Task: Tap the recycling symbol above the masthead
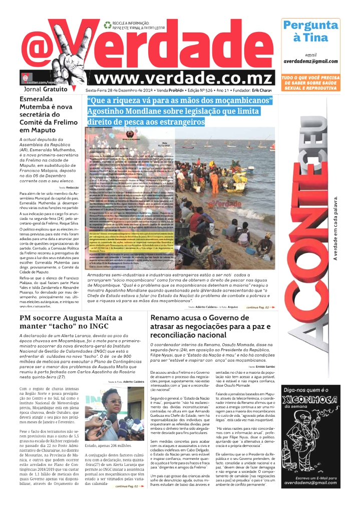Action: [107, 24]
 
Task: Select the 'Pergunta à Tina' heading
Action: [310, 31]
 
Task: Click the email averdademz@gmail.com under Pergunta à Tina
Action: [310, 61]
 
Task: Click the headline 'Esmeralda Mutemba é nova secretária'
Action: [46, 115]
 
